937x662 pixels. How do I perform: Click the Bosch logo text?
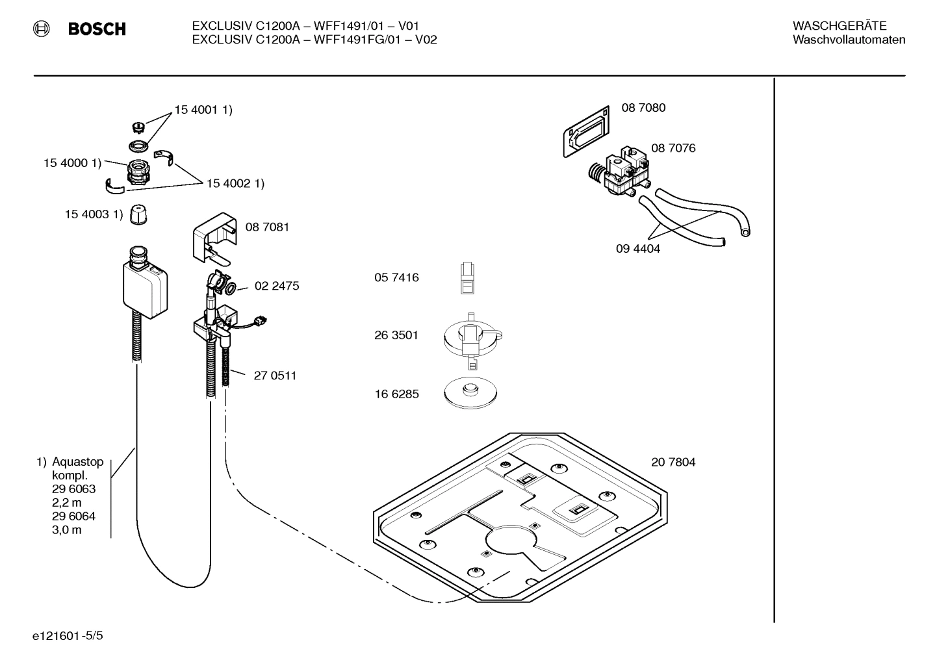pos(97,29)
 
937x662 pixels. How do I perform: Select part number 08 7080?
pos(643,108)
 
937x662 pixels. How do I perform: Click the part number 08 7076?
pos(673,148)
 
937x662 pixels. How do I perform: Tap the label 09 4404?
pos(638,249)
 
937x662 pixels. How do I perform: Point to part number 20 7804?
pos(673,463)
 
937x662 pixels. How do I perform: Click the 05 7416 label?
pos(396,277)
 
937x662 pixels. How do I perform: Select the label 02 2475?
pos(277,286)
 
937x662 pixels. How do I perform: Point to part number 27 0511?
pos(275,376)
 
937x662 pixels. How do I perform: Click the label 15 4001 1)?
pos(203,110)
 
